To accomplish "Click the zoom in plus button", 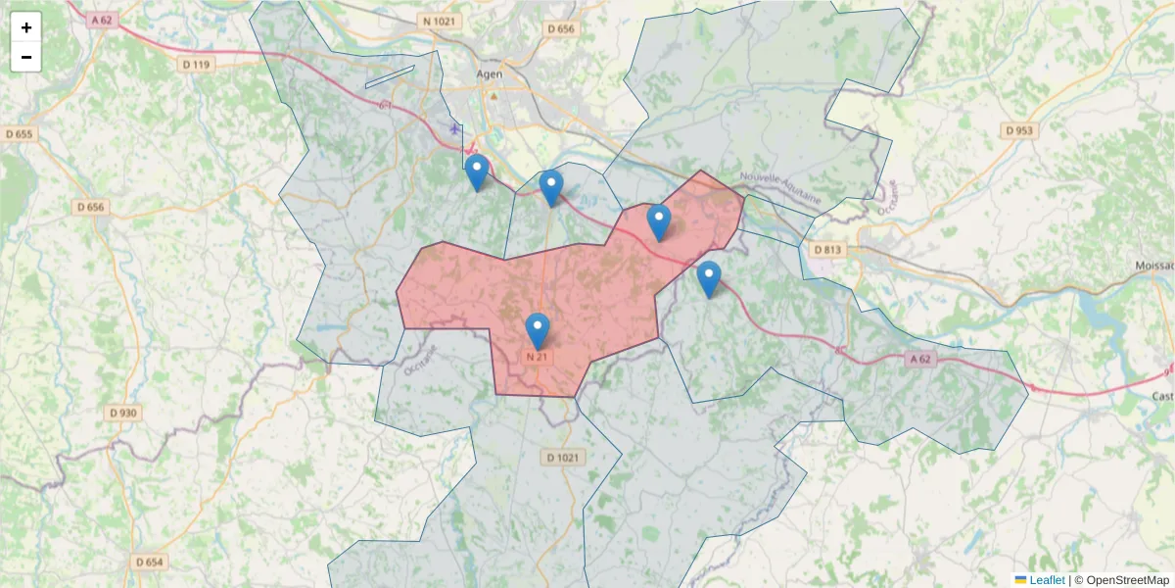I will coord(26,27).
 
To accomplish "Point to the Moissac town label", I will coord(1154,266).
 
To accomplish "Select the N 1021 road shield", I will coord(437,21).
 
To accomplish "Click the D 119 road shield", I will coord(196,65).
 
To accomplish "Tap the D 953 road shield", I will coord(1019,130).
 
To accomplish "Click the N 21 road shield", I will coord(537,357).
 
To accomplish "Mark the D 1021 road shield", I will coord(562,457).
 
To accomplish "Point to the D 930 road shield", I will coord(122,413).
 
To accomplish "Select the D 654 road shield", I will coord(149,562).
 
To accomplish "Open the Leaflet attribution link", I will coord(1046,580).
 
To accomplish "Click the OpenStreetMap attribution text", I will coord(1127,580).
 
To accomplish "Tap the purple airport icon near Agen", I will coord(455,128).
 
